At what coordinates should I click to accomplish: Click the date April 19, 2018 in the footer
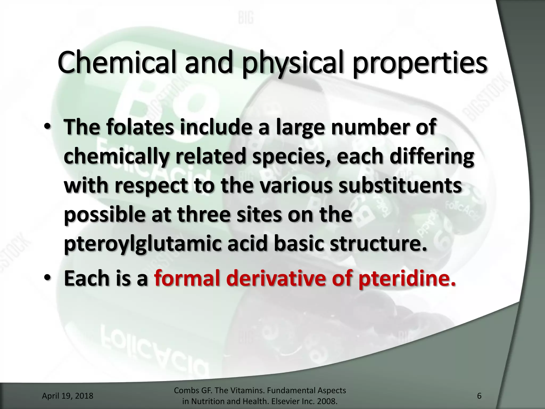[x=68, y=396]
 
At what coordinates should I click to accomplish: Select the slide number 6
[x=479, y=396]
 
